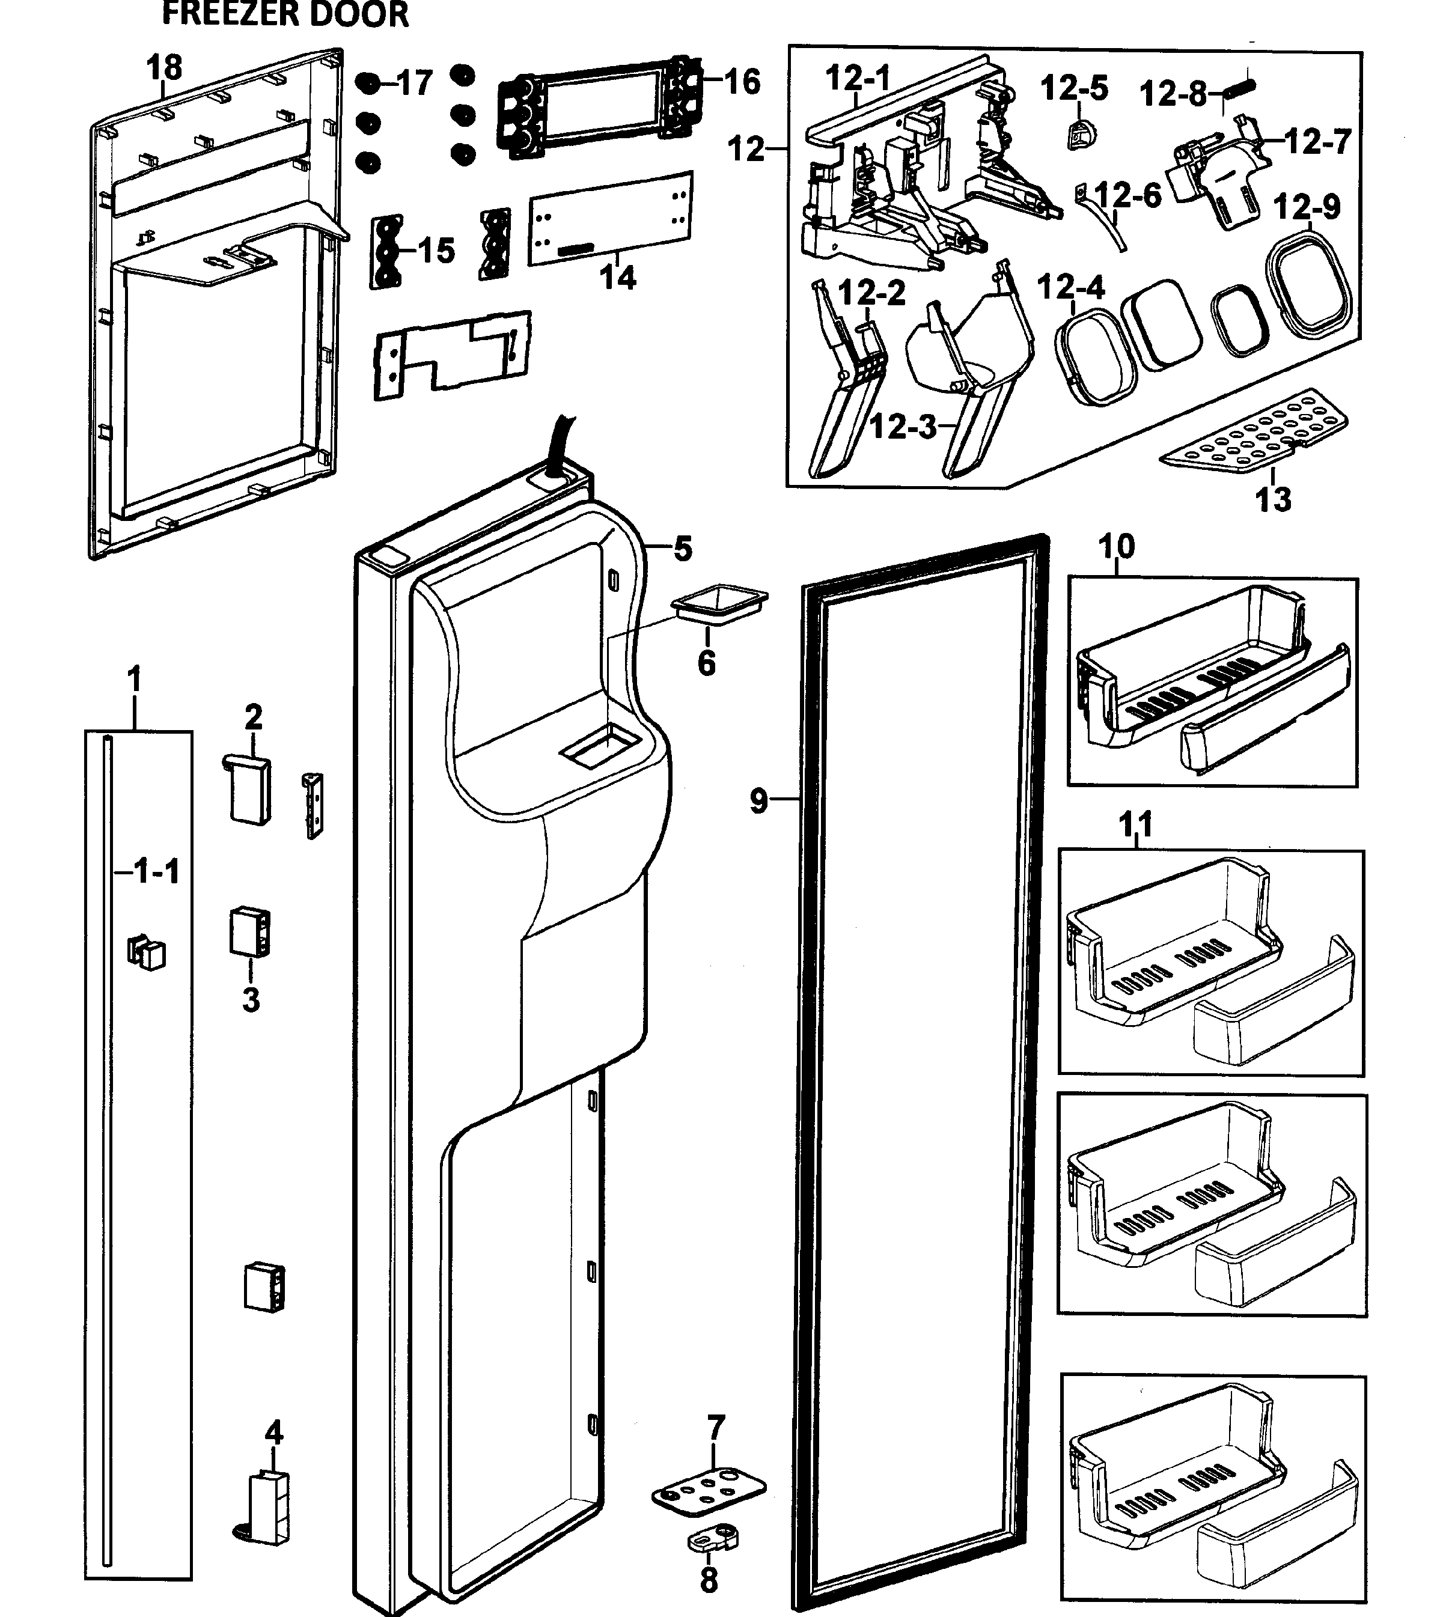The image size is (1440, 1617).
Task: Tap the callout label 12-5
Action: pos(1073,88)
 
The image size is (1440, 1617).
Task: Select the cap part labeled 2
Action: pos(247,787)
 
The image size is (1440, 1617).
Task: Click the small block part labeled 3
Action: pos(250,931)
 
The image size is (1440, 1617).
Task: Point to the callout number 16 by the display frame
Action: pos(742,82)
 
